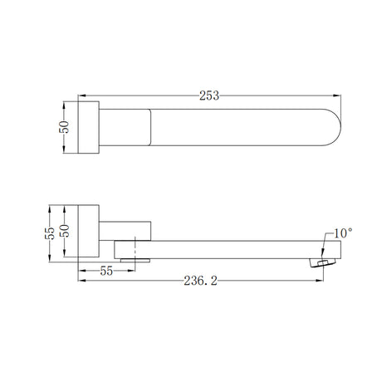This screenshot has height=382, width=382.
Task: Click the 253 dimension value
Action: [209, 95]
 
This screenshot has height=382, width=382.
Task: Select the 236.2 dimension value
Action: [201, 281]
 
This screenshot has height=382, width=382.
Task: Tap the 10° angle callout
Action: [343, 233]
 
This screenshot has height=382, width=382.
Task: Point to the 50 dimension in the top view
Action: [64, 127]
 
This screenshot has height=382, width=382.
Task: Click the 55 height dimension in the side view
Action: [50, 233]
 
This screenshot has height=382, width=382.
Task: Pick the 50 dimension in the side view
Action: [64, 231]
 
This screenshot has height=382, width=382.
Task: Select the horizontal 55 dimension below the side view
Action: [106, 271]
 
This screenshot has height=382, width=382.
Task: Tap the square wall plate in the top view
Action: [89, 127]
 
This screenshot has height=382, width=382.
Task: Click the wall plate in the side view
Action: [89, 231]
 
